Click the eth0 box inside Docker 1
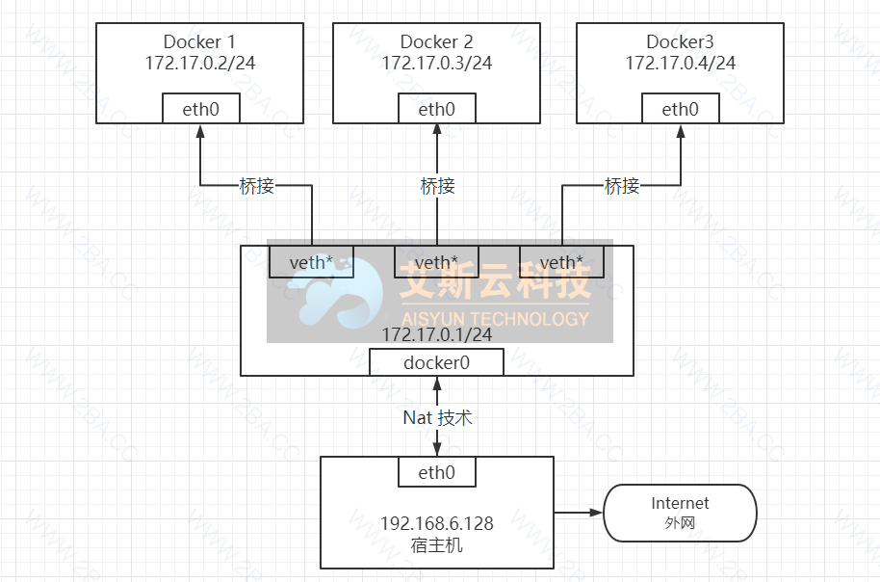click(x=200, y=109)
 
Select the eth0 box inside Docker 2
click(x=436, y=109)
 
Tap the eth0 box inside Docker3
click(x=680, y=109)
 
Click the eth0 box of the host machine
click(x=436, y=472)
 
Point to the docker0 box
click(x=436, y=362)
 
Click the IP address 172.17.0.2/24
click(x=199, y=63)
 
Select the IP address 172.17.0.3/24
click(x=436, y=63)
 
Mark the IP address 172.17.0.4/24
click(x=680, y=63)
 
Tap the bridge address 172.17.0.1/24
click(x=437, y=335)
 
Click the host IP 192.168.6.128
click(x=437, y=524)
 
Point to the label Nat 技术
click(x=437, y=418)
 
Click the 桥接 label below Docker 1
click(x=256, y=186)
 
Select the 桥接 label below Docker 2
click(x=437, y=186)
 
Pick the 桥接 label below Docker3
click(x=622, y=186)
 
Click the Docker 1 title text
click(x=199, y=41)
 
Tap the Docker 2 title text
click(x=436, y=41)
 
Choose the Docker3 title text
click(x=680, y=41)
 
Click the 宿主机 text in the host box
click(x=437, y=545)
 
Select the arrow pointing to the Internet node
click(x=579, y=513)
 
